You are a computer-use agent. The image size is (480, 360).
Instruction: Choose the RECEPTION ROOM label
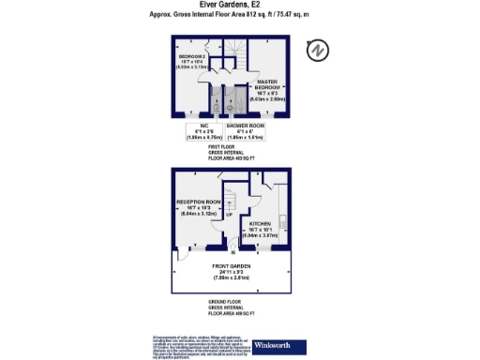tap(198, 207)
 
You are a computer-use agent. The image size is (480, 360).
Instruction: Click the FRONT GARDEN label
tap(230, 274)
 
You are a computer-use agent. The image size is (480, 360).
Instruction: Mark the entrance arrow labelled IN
tap(232, 250)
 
